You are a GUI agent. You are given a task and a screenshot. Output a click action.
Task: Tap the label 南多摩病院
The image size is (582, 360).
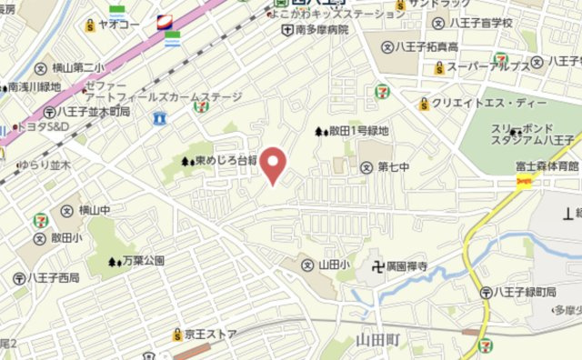pos(322,29)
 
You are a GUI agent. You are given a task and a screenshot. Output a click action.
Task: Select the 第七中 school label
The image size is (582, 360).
pos(394,167)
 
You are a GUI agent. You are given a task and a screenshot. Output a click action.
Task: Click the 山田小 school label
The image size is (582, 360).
pos(334,264)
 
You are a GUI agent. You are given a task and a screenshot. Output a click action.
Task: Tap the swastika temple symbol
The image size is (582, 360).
pos(374,267)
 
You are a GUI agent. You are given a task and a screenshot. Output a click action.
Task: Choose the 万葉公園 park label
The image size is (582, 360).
pos(142,262)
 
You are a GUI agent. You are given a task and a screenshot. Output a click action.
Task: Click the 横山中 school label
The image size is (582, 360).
pos(94,211)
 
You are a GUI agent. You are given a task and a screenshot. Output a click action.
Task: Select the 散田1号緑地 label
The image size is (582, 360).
pos(357,132)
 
